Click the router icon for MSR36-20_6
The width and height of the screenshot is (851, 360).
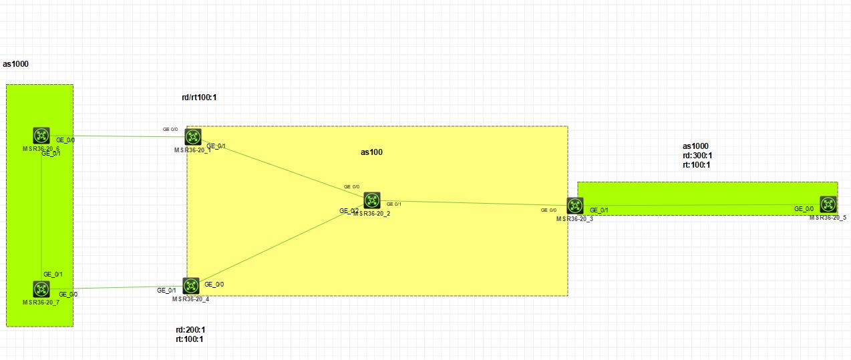coord(41,136)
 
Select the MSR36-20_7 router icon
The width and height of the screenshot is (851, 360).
coord(41,289)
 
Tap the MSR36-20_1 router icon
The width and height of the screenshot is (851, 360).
coord(193,137)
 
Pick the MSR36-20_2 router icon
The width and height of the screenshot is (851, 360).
coord(372,200)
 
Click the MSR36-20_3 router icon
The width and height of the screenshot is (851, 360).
coord(575,206)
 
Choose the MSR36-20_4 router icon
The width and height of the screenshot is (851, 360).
coord(191,286)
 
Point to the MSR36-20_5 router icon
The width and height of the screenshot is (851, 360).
coord(828,205)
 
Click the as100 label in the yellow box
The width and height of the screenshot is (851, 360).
coord(371,152)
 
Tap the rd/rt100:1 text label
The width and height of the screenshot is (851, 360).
coord(199,98)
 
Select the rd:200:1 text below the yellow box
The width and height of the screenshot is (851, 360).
coord(190,329)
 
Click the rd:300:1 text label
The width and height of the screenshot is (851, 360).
coord(697,156)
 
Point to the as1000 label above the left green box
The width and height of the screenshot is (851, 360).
coord(15,64)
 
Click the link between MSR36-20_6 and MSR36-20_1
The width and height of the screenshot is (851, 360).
coord(127,136)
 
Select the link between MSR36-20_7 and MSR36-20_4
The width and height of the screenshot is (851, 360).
coord(120,288)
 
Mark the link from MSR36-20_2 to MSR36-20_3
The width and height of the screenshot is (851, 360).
coord(474,203)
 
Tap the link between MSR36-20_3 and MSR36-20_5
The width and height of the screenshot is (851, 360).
coord(701,206)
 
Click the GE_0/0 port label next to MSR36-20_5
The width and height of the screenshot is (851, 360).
coord(804,209)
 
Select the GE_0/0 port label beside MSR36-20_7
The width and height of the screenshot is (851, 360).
coord(68,294)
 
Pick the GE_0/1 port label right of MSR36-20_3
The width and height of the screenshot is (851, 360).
coord(599,210)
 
